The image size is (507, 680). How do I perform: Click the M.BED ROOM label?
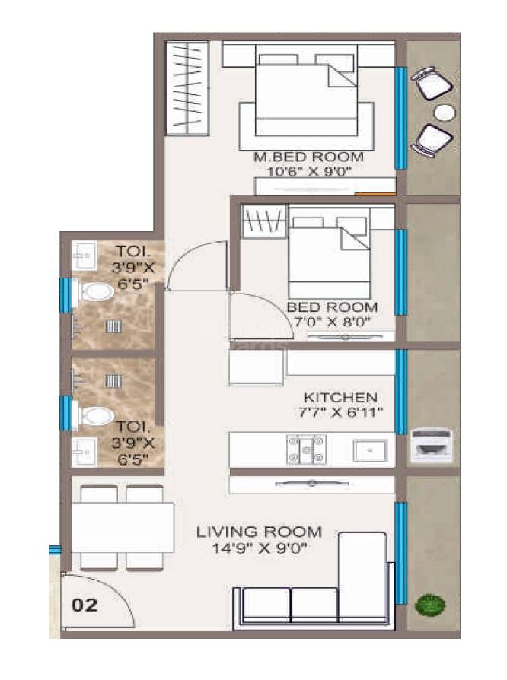[x=308, y=157]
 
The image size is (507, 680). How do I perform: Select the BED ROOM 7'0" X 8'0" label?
[x=332, y=313]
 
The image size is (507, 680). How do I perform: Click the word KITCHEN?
[x=340, y=397]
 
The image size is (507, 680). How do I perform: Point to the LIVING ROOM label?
[x=259, y=532]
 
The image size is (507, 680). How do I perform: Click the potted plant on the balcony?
[x=429, y=605]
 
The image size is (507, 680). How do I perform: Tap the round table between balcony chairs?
[x=445, y=113]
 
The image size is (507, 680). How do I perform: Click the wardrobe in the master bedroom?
[x=187, y=89]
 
